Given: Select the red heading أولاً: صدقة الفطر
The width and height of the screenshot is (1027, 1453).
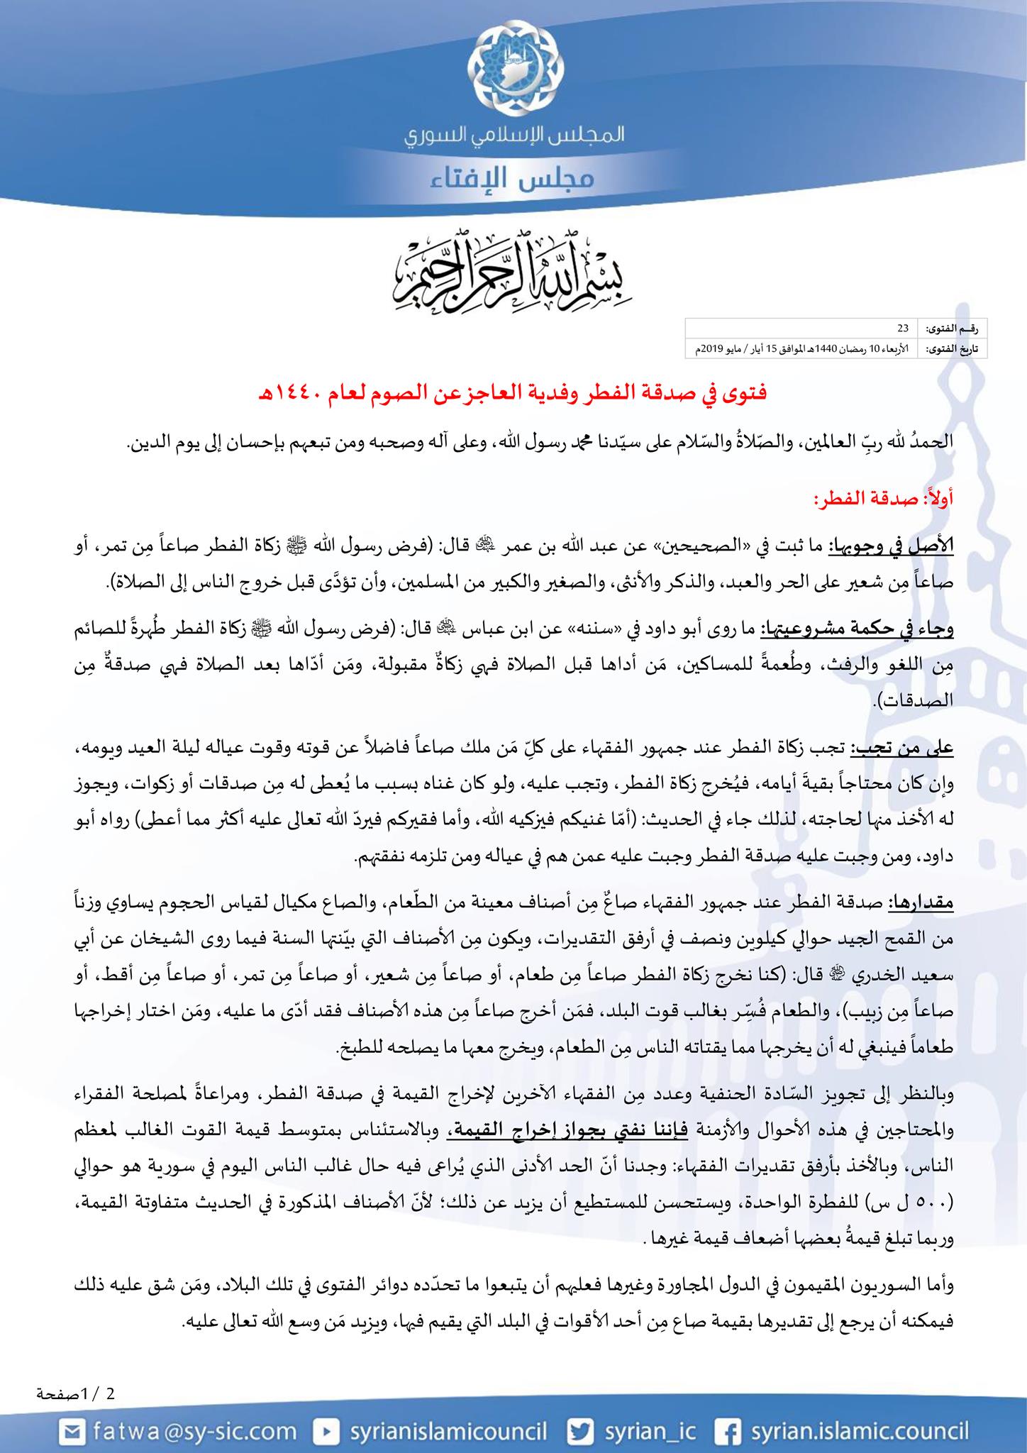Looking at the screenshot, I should [884, 498].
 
